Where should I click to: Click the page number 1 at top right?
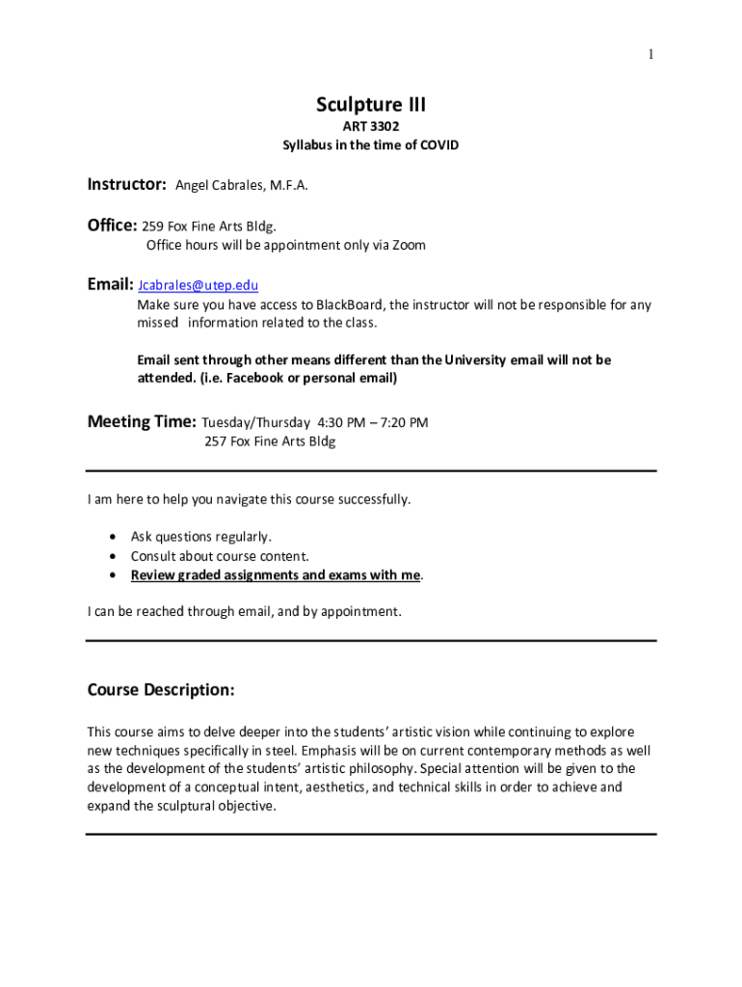point(650,55)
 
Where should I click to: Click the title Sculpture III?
point(371,104)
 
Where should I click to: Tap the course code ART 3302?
point(371,126)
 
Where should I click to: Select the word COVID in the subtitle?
point(439,146)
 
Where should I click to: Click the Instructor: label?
point(127,184)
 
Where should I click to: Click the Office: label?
point(112,226)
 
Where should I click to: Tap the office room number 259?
point(152,227)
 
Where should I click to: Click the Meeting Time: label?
point(142,421)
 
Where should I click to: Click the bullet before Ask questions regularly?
point(115,537)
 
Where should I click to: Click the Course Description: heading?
point(161,690)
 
